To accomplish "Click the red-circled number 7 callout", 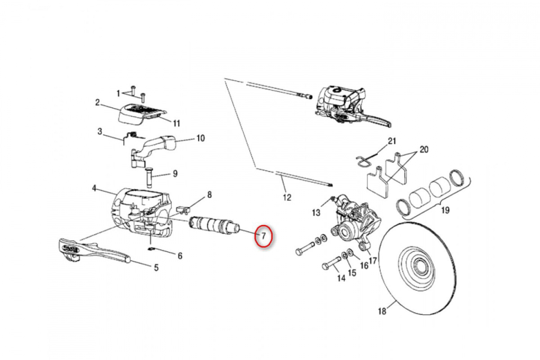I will tap(264, 235).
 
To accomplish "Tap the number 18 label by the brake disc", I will tap(382, 311).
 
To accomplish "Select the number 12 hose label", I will tap(287, 197).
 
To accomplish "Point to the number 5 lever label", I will tap(156, 268).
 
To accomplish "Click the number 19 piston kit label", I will tap(445, 210).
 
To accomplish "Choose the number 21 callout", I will tap(392, 141).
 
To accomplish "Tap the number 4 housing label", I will tap(94, 188).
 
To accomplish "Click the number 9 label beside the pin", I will tap(175, 173).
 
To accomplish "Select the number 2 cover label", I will tap(97, 103).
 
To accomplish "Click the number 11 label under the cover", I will tap(176, 123).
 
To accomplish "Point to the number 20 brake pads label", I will tap(424, 149).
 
